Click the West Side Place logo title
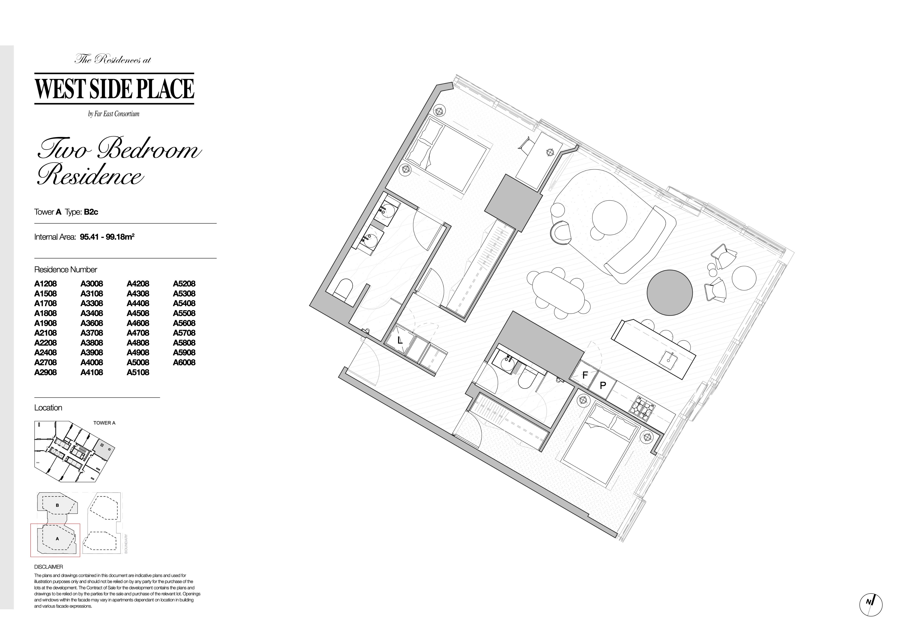(114, 89)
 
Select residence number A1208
(46, 284)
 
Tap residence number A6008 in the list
(184, 362)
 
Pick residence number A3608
(92, 323)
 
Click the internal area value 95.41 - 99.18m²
(107, 237)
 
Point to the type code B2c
(91, 212)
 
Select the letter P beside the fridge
(603, 385)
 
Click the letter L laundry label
(400, 340)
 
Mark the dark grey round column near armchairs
(670, 292)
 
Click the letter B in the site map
(58, 505)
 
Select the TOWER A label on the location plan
(104, 423)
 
